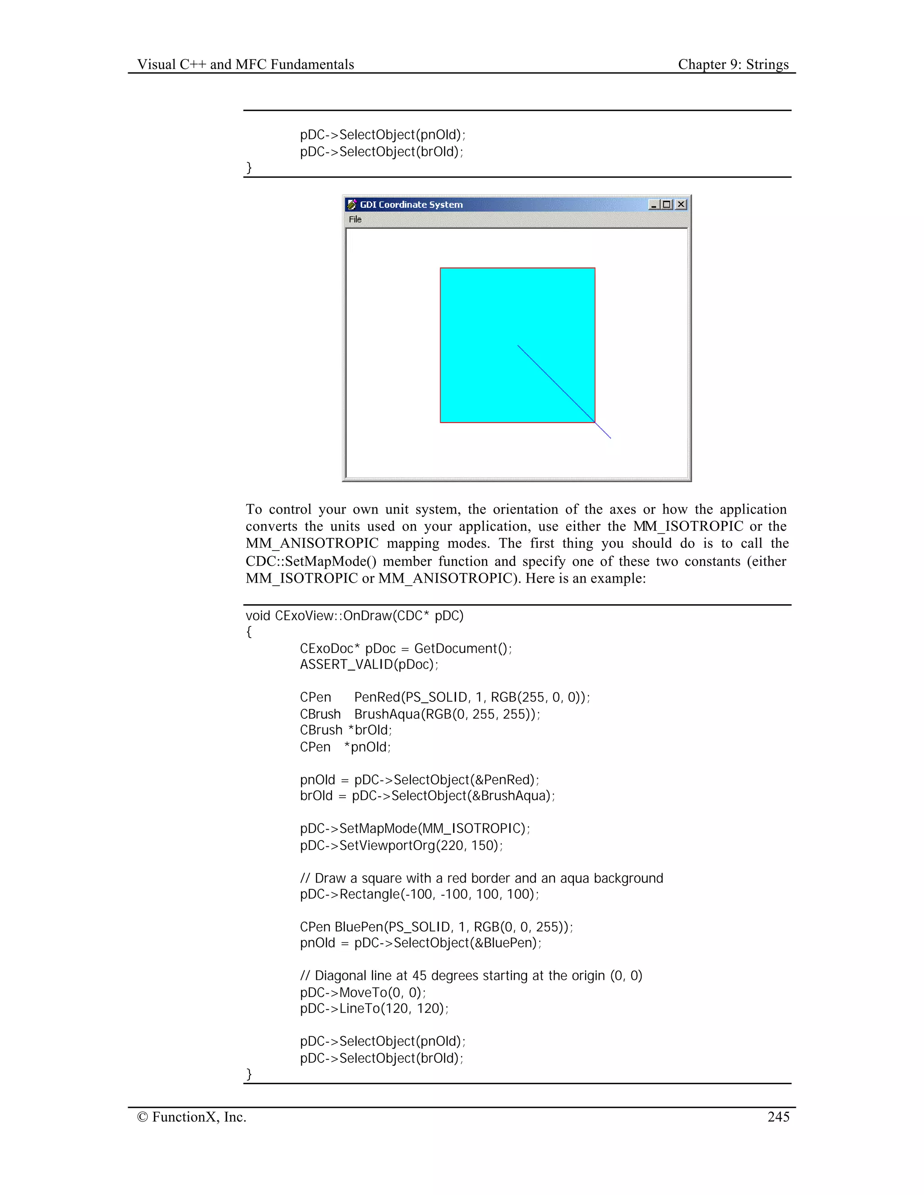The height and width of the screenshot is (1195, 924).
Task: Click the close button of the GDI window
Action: pos(681,204)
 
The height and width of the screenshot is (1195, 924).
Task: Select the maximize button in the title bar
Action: pos(667,204)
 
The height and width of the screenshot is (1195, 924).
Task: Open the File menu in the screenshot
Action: pos(355,220)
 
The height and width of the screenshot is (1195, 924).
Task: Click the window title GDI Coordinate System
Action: pos(411,205)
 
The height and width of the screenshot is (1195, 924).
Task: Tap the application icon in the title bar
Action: pos(351,205)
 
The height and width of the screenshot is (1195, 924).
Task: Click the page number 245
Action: pos(778,1117)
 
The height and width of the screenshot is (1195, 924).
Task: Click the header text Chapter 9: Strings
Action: pos(733,64)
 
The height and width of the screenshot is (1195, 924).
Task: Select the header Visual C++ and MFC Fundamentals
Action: pos(245,64)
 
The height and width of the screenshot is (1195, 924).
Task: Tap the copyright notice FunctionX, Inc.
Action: pos(192,1117)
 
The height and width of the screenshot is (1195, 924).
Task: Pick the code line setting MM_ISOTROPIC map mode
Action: pos(414,828)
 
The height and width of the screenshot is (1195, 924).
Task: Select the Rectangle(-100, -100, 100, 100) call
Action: pos(419,894)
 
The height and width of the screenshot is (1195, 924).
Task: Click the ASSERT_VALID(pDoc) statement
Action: pos(369,664)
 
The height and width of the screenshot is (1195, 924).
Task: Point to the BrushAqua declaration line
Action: pos(419,714)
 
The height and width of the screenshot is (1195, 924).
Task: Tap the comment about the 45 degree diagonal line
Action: pos(471,975)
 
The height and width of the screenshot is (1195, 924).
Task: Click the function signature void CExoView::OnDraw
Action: pos(354,616)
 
